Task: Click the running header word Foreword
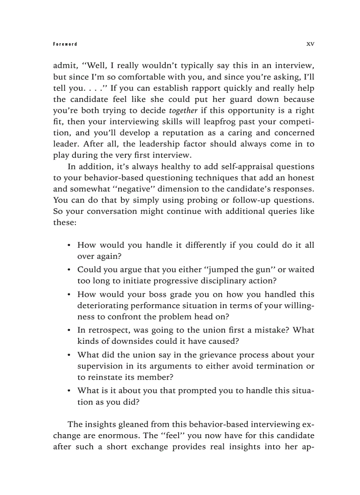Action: (x=64, y=44)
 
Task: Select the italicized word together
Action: (x=183, y=110)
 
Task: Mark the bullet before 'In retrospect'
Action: (x=69, y=330)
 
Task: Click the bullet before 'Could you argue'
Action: (x=69, y=270)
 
